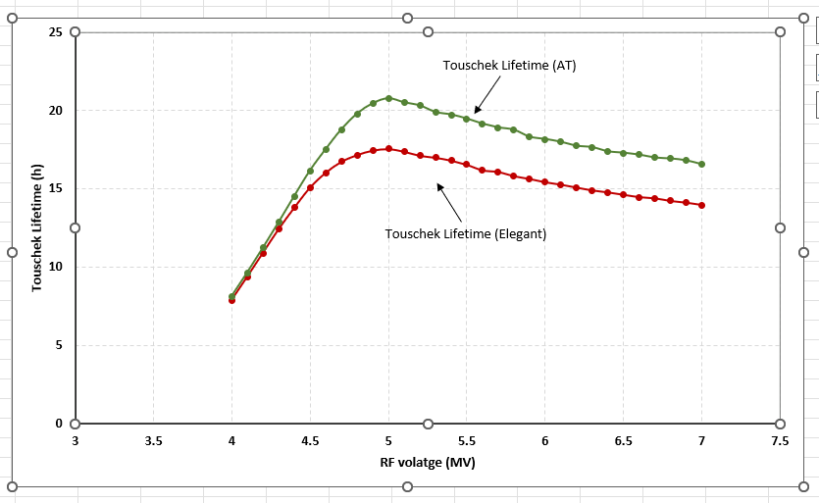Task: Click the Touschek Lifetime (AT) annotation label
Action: (x=509, y=66)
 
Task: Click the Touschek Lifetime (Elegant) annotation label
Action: (x=465, y=234)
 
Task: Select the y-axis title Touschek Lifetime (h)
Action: (x=37, y=227)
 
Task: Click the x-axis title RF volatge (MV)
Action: (x=427, y=461)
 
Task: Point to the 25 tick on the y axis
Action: (x=56, y=32)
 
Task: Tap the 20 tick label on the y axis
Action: (x=56, y=111)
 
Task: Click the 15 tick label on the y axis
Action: (x=56, y=188)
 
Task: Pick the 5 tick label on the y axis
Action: (x=59, y=345)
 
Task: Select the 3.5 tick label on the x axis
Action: (x=153, y=441)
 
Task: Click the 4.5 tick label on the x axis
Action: (x=310, y=441)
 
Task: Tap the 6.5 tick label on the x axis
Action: (x=623, y=441)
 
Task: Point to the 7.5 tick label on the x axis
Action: (x=780, y=441)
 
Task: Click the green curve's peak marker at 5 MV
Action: (x=388, y=98)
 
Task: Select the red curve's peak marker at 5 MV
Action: (x=388, y=149)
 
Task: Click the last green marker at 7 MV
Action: (x=702, y=164)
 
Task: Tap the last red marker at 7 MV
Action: (x=702, y=205)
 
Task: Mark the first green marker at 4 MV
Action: (x=231, y=296)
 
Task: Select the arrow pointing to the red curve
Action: (x=448, y=200)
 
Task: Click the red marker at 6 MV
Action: (x=545, y=181)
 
